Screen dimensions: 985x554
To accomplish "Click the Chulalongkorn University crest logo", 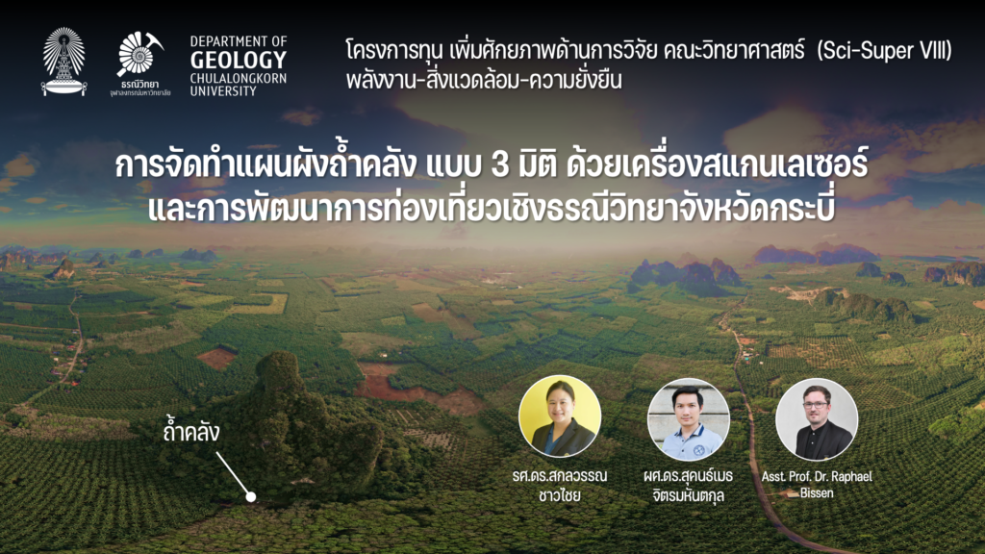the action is tap(63, 61).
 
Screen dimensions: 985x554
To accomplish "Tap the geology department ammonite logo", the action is tap(139, 54).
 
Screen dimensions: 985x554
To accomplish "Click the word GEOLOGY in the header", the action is tap(239, 61).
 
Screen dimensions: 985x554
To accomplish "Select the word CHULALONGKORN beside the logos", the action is tap(239, 79).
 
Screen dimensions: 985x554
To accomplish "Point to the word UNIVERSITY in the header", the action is tap(223, 91).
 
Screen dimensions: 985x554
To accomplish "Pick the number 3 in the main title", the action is tap(500, 165).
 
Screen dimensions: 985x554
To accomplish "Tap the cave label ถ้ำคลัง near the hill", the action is tap(191, 432).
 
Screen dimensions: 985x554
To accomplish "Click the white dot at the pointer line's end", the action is tap(251, 497).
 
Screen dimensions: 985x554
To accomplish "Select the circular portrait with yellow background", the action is tap(560, 416).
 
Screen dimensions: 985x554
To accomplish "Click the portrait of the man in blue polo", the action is tap(689, 419).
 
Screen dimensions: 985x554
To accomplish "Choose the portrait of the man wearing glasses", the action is tap(817, 419).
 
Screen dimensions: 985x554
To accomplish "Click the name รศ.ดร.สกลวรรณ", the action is tap(560, 475).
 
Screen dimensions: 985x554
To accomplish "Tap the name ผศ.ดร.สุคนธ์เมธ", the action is tap(688, 475).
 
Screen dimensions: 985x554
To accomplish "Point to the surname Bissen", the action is tap(817, 493).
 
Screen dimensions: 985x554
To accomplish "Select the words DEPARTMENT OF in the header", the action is tap(239, 41).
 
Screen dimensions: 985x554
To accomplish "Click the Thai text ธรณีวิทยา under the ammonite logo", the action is tap(140, 85).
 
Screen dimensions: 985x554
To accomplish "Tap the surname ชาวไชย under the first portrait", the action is tap(559, 495).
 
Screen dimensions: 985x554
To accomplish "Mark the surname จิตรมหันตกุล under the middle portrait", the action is tap(688, 495).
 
